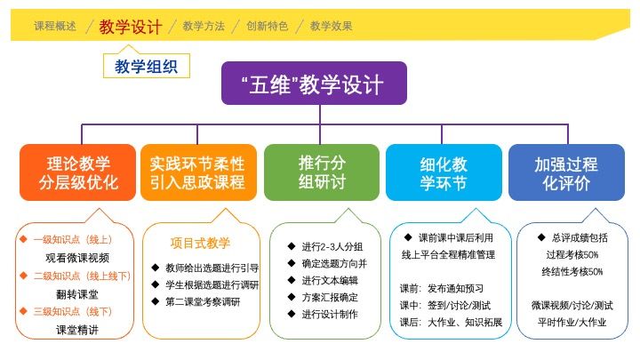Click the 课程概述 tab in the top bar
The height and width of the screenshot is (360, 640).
tap(55, 26)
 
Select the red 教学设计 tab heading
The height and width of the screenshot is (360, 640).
tap(131, 27)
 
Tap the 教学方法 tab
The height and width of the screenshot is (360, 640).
tap(204, 26)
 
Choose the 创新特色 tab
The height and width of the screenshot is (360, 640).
tap(268, 26)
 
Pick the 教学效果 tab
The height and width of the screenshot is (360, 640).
tap(331, 26)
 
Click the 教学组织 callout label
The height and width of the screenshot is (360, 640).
tap(147, 66)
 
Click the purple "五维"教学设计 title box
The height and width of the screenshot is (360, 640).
tap(314, 84)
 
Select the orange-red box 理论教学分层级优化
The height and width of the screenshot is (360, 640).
tap(77, 172)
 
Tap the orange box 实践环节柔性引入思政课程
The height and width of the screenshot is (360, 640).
tap(198, 172)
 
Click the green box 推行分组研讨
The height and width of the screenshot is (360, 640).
tap(322, 172)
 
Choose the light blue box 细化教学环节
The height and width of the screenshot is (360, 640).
tap(444, 172)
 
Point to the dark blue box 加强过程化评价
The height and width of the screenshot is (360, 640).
tap(566, 172)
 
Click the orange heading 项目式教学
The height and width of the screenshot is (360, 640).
tap(200, 244)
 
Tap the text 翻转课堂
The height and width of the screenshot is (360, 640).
tap(77, 294)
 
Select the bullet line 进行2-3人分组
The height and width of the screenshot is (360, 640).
tap(325, 246)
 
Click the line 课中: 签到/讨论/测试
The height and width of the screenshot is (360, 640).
tap(445, 305)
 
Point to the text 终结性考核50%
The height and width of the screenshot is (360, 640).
tap(572, 271)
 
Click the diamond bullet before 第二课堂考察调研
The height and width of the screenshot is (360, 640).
tap(155, 301)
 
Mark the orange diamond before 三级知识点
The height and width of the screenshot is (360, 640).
tap(24, 311)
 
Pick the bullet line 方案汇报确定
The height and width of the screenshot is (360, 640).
tap(323, 297)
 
